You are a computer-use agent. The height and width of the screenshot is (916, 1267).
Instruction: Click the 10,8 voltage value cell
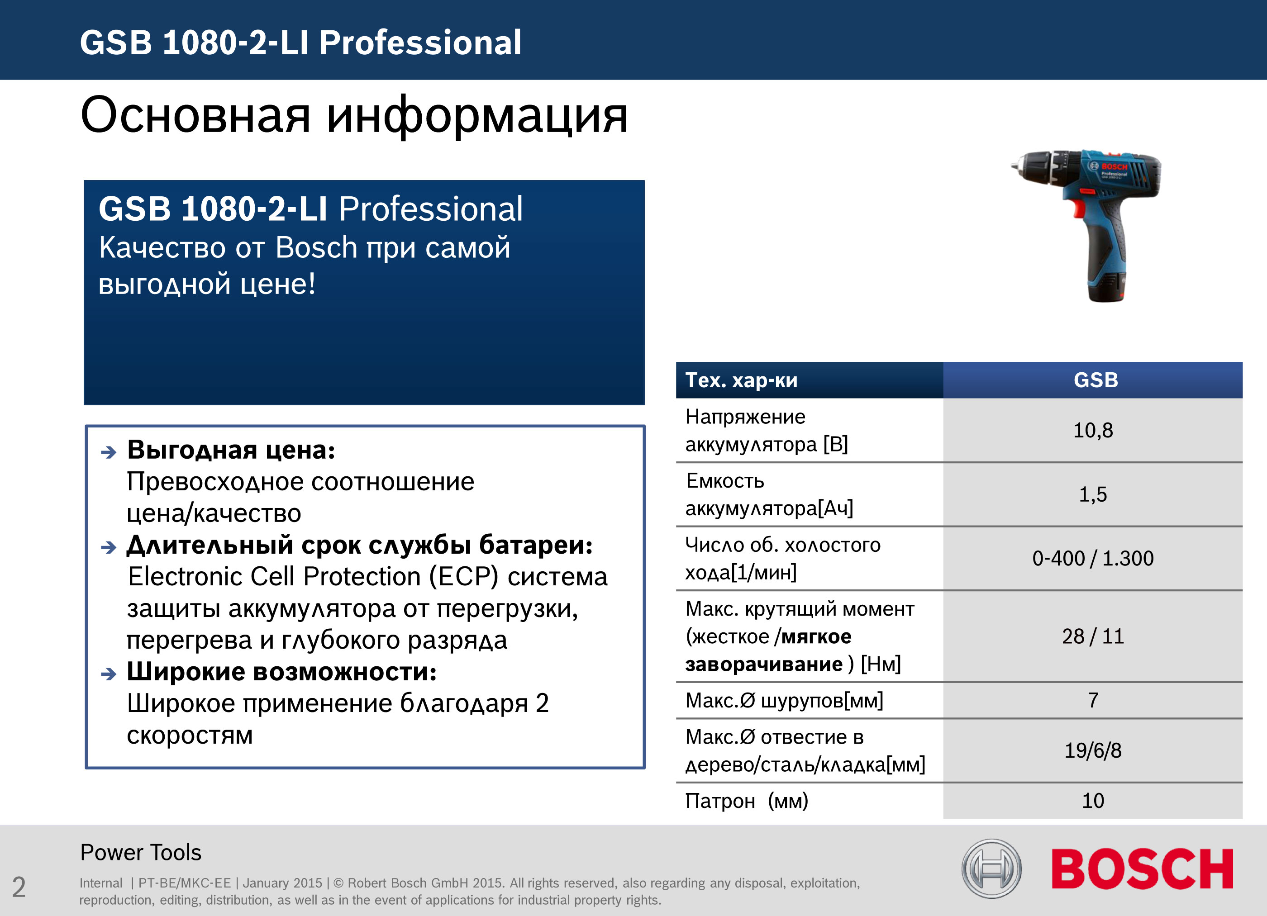[1093, 430]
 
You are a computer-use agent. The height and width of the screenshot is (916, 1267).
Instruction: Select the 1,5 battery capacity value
[1093, 494]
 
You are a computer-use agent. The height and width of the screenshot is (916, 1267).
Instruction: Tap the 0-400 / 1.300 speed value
[1093, 558]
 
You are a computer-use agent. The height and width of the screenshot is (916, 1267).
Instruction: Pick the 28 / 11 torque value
[1093, 636]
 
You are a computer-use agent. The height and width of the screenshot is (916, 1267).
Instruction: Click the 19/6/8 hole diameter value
[1093, 750]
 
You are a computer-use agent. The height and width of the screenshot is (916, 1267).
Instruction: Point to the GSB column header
[1096, 380]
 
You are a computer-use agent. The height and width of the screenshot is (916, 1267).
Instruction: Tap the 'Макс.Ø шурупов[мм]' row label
[784, 700]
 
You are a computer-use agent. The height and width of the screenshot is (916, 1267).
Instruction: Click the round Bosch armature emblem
[991, 869]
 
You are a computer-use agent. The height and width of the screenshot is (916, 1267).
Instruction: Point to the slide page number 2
[19, 887]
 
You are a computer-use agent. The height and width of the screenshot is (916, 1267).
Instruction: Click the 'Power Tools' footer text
[141, 853]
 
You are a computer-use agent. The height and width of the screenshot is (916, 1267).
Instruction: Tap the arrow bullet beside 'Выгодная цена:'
[109, 452]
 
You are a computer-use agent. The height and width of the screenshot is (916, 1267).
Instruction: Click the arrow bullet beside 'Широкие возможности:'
[109, 674]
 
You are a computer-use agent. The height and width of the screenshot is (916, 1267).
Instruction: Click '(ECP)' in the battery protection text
[463, 576]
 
